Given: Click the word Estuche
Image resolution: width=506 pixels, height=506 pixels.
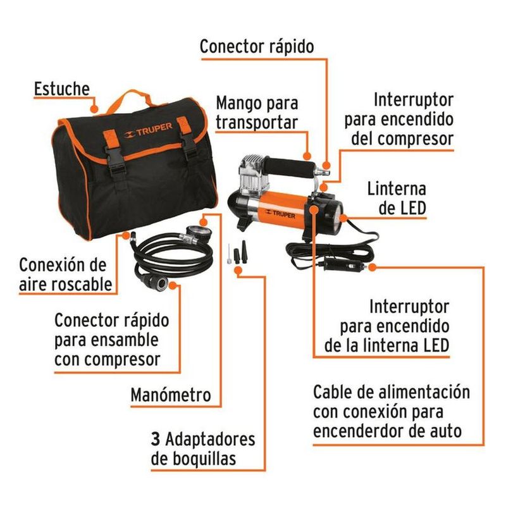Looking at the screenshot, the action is coord(61,89).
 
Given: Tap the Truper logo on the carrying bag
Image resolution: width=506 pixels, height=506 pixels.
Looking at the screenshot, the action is coord(148,130).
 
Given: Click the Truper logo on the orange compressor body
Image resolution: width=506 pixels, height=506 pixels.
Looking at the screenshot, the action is coord(280,213).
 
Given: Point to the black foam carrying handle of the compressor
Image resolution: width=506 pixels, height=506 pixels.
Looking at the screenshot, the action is coord(289,167).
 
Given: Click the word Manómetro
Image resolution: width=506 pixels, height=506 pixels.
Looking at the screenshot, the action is coord(171,395).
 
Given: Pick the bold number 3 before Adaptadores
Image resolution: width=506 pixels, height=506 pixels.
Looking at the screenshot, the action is coord(156,439).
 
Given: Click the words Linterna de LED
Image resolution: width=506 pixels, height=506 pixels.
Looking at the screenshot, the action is coord(397,199).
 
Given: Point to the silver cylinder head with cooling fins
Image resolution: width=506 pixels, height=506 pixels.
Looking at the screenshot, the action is coord(254,175).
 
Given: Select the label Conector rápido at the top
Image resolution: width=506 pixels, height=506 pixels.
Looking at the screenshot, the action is coord(257,46).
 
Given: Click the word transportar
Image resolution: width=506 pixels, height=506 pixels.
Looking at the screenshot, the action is coord(257,123).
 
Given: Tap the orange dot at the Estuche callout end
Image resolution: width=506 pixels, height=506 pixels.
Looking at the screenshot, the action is coord(94,109).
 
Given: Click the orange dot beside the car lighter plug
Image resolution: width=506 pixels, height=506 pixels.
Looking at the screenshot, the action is coord(372,267).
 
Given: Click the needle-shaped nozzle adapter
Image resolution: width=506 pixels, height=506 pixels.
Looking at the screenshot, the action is coord(228,254).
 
